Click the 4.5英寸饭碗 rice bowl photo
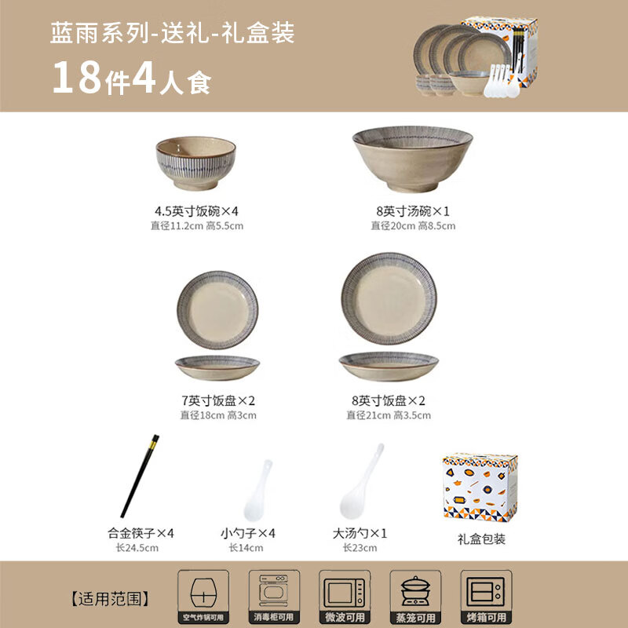[195, 163]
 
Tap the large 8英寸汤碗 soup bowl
[412, 159]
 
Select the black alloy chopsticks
[140, 476]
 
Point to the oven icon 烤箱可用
[485, 590]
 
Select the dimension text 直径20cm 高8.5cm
[413, 226]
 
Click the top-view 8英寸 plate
[389, 299]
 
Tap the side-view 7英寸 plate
[217, 367]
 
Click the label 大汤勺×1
[360, 533]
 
